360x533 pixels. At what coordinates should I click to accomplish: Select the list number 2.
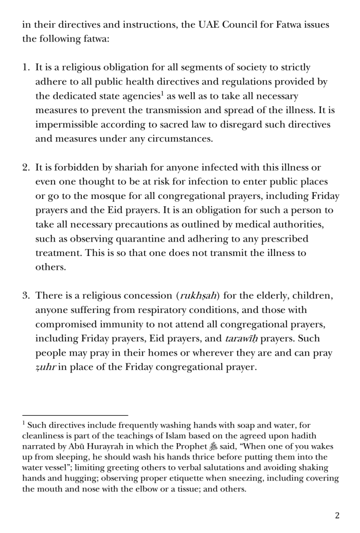pyautogui.click(x=25, y=168)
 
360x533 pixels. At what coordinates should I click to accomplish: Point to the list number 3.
pyautogui.click(x=25, y=296)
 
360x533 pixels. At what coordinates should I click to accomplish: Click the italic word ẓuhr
pyautogui.click(x=45, y=367)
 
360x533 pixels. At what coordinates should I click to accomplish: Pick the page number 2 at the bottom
pyautogui.click(x=337, y=516)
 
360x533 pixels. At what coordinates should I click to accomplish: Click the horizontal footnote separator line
pyautogui.click(x=75, y=415)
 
